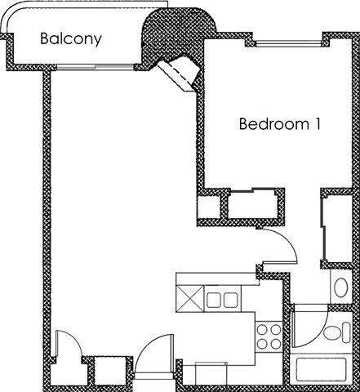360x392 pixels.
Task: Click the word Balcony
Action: tap(71, 38)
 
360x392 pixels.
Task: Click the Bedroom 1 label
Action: tap(278, 124)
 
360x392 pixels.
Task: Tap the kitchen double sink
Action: tap(220, 300)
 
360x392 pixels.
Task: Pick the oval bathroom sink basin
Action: tap(340, 287)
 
